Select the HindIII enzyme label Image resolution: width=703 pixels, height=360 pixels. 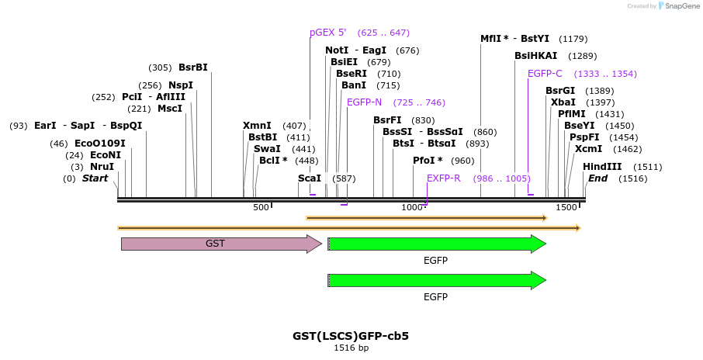(602, 167)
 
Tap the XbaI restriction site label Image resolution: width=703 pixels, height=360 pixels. (563, 102)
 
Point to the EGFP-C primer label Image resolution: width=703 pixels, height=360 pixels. (545, 74)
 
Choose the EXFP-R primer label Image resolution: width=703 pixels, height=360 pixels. (443, 178)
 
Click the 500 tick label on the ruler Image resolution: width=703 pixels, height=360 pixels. (261, 207)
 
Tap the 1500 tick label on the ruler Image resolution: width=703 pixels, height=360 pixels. (566, 207)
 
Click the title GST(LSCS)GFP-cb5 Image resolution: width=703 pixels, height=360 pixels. (351, 336)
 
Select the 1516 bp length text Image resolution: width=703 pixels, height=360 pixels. (351, 348)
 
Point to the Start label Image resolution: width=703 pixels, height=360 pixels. (95, 178)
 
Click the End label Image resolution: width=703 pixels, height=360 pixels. (597, 178)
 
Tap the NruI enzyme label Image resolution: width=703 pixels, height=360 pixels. (102, 167)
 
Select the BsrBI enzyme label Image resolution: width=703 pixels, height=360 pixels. (193, 67)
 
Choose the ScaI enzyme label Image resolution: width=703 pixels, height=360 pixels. (310, 178)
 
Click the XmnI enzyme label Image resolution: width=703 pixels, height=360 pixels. (257, 126)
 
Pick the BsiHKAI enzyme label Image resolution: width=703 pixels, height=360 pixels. (535, 56)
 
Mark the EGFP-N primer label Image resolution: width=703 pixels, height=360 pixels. (364, 102)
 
